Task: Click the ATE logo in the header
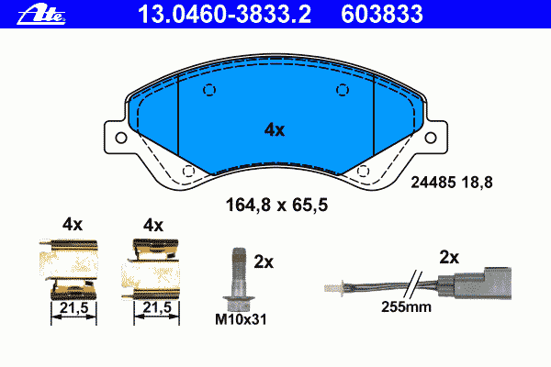click(41, 15)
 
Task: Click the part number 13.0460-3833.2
click(224, 15)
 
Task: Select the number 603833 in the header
click(382, 15)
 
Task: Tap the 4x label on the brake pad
click(275, 130)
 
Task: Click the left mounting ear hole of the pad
click(121, 138)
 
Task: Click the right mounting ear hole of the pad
click(431, 138)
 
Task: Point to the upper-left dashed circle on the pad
click(209, 90)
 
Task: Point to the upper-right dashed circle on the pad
click(343, 90)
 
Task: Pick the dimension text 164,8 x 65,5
click(276, 206)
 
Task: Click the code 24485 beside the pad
click(433, 183)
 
